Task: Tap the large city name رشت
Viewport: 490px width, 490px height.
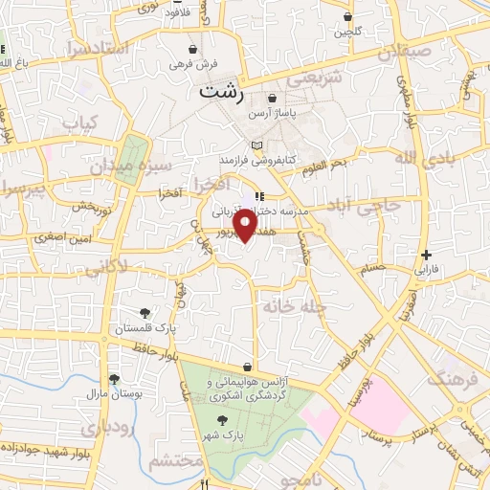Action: point(222,94)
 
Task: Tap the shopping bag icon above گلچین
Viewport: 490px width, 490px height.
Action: point(347,17)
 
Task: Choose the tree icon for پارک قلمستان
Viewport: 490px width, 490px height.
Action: point(145,312)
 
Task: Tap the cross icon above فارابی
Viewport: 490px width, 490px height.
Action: point(427,255)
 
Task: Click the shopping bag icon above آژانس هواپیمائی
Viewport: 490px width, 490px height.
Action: point(247,367)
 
